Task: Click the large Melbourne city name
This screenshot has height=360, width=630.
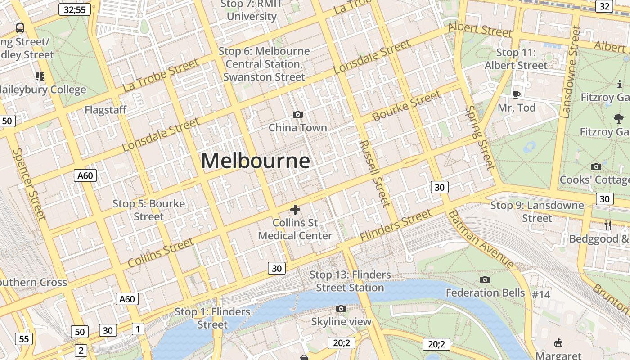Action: pos(255,161)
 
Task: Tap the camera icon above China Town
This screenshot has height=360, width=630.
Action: pos(297,115)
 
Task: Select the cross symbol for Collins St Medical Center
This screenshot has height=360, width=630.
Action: pos(295,210)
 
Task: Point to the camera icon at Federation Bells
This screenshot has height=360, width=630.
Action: pos(485,280)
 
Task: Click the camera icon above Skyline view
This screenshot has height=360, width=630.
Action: pos(341,309)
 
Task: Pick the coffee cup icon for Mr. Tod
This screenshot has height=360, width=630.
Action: pos(516,94)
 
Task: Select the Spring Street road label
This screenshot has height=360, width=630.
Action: pos(480,138)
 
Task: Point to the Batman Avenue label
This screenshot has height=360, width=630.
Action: pos(481,239)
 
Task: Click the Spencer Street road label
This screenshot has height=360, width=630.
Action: pos(30,184)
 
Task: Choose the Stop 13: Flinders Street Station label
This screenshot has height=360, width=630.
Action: pos(350,281)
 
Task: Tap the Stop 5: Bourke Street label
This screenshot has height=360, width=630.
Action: pos(148,210)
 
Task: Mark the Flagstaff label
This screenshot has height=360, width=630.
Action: pos(105,110)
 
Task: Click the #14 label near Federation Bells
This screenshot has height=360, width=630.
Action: pos(541,295)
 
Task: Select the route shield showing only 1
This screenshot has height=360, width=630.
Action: pos(138,329)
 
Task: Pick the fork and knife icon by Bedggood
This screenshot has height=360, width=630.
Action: pos(608,226)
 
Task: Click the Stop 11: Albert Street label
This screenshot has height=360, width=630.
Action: pos(516,59)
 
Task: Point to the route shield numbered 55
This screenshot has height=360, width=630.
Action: pos(24,339)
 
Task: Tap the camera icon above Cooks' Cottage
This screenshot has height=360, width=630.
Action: pos(596,167)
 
